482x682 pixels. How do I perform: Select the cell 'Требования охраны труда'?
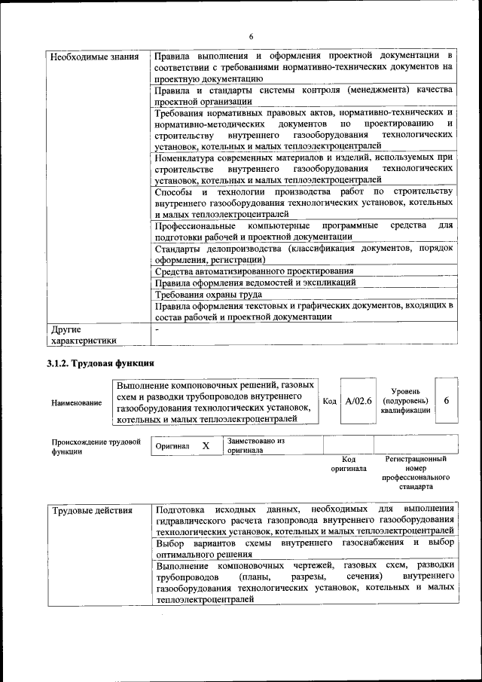(208, 295)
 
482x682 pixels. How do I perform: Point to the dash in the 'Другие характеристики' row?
(157, 329)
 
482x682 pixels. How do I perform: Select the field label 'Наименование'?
(77, 403)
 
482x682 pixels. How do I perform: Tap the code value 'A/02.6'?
(358, 400)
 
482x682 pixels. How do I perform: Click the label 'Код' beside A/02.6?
(329, 401)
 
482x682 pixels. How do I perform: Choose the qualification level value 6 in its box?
(447, 400)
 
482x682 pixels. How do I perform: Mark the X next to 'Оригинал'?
(206, 446)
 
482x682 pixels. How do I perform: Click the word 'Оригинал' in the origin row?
(172, 447)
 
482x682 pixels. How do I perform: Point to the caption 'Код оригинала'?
(348, 463)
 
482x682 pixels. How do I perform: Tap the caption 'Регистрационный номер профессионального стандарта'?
(416, 473)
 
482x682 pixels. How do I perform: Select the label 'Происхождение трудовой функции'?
(96, 447)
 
